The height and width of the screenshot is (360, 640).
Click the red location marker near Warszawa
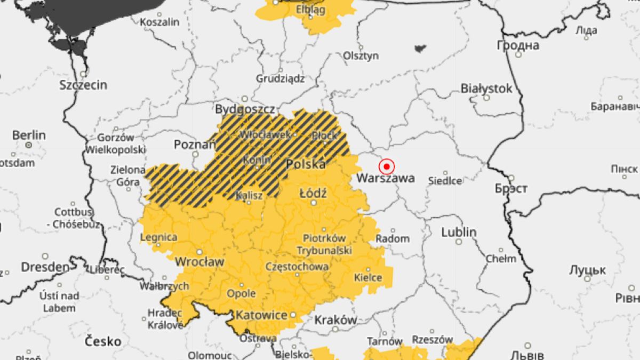click(x=386, y=166)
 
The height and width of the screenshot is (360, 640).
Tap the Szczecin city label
click(x=83, y=85)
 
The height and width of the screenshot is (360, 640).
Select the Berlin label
click(x=29, y=134)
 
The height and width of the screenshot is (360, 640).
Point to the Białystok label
click(x=486, y=89)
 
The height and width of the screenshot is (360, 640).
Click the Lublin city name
click(x=459, y=233)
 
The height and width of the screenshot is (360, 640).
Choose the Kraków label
click(x=335, y=320)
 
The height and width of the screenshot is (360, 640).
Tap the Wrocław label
click(x=199, y=262)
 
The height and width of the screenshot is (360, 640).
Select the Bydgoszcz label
click(x=245, y=109)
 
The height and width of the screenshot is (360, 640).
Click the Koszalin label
click(x=159, y=22)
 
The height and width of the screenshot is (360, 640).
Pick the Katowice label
click(x=261, y=315)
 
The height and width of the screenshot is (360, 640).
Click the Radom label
click(x=393, y=238)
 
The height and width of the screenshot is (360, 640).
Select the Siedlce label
click(x=445, y=181)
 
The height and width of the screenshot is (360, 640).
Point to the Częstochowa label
click(x=297, y=266)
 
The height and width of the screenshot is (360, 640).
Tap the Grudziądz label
click(x=280, y=78)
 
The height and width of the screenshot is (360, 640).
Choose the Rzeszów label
click(x=433, y=339)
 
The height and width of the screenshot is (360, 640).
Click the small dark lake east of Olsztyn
click(x=420, y=49)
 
